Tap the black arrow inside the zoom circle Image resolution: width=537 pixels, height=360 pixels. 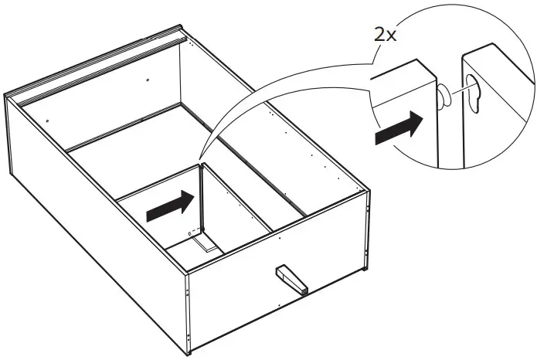pos(399,127)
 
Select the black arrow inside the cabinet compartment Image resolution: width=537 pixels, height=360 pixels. pos(169,206)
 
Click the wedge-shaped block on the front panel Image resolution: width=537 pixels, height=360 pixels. pos(291,279)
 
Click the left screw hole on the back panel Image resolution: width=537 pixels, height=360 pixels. pos(48,121)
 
